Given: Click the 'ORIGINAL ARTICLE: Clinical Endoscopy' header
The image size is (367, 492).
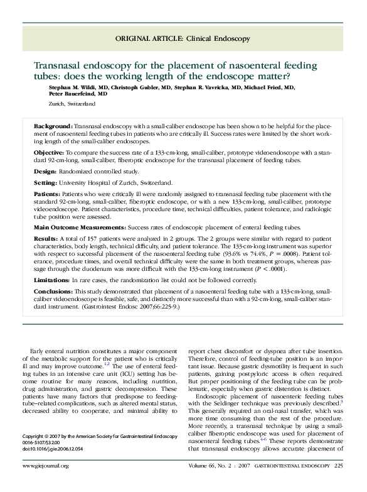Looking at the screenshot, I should point(183,39).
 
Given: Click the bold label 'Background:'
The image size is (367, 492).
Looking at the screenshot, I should point(53,126).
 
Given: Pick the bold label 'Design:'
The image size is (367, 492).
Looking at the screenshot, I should point(47,170).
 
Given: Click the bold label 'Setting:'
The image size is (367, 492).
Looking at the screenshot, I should point(48,182).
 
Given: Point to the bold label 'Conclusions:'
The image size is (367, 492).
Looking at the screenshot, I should point(54,291).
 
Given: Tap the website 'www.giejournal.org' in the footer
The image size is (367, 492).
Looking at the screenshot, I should point(45,466).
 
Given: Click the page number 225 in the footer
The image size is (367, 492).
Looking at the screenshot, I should point(339,466).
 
